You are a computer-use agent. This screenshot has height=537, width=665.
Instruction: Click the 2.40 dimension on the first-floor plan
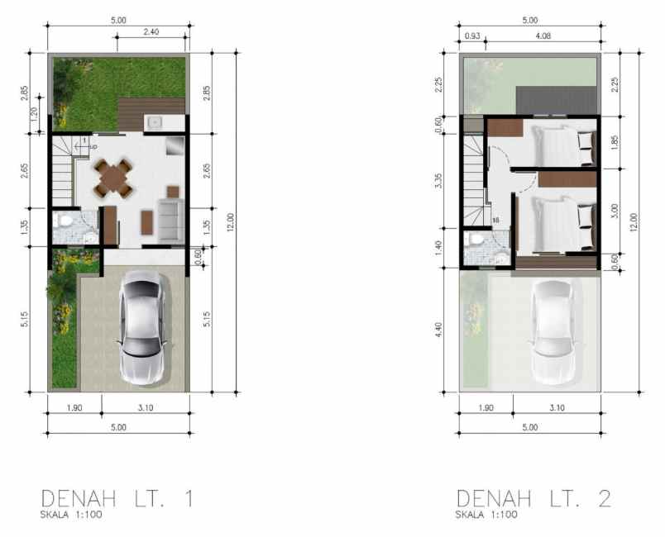(x=151, y=33)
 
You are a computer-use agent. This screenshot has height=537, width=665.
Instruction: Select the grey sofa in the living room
(x=171, y=218)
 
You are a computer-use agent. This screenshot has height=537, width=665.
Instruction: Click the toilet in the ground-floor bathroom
(x=63, y=223)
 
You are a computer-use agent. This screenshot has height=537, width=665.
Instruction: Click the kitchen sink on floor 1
(x=155, y=122)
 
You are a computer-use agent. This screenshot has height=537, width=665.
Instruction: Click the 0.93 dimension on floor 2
(x=472, y=36)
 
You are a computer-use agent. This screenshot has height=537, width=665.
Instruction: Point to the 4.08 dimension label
(x=543, y=36)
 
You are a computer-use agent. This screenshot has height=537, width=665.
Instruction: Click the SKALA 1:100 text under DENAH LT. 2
(x=486, y=515)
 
